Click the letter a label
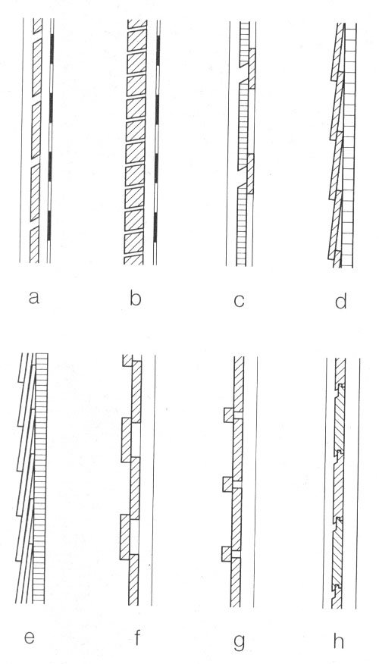tap(34, 298)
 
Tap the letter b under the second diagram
tap(135, 298)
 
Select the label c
tap(239, 300)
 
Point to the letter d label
tap(341, 300)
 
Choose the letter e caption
tap(29, 637)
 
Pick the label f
tap(136, 637)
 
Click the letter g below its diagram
tap(239, 641)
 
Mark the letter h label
tap(339, 641)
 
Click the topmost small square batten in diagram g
tap(229, 415)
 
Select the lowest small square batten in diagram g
tap(227, 554)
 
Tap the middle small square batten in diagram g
tap(228, 484)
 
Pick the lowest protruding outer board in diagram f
tap(125, 537)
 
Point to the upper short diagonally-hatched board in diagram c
tap(252, 69)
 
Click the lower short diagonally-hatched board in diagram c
tap(250, 174)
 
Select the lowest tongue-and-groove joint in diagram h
tap(337, 588)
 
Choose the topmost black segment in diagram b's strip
tap(158, 50)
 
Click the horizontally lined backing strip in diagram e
tap(40, 478)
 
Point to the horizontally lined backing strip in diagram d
tap(349, 146)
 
